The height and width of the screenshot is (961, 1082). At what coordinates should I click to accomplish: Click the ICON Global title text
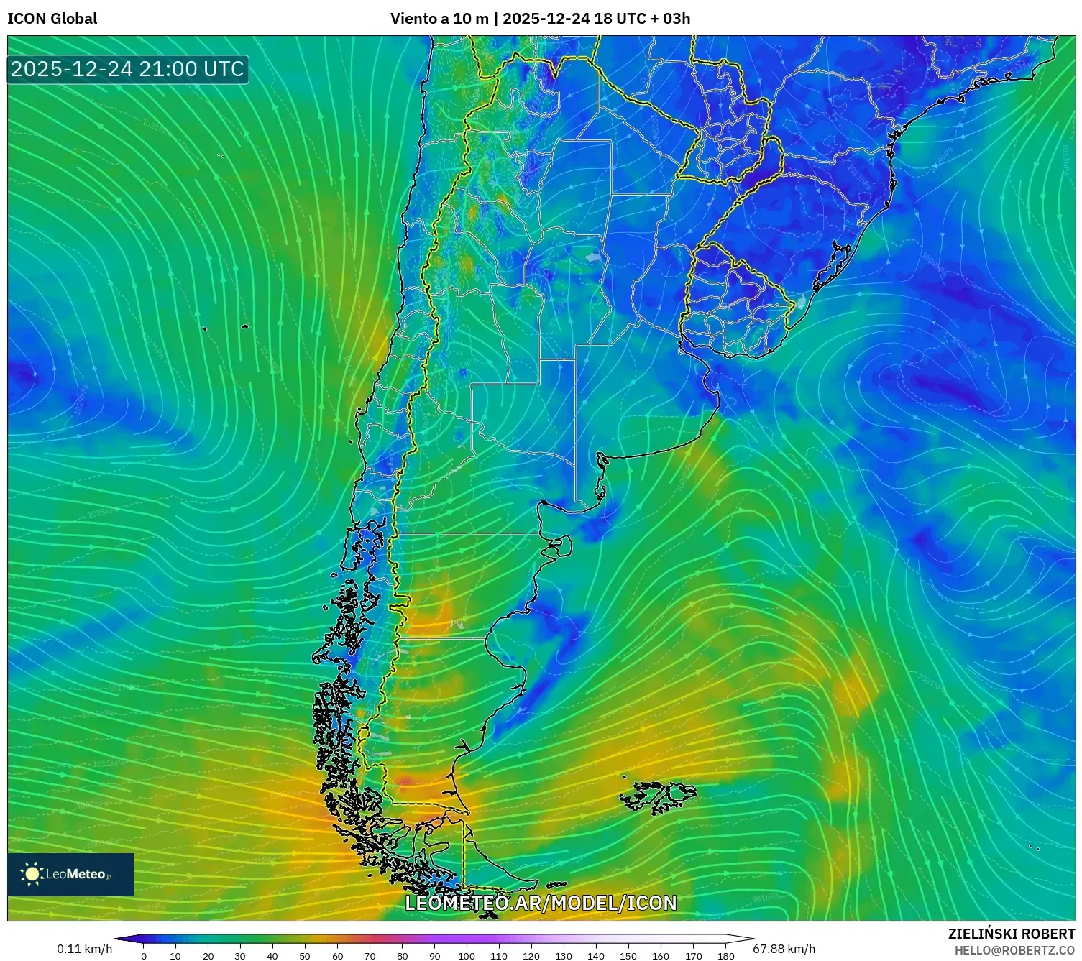click(x=52, y=19)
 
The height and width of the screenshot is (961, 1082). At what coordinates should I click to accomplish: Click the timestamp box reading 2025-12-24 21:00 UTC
click(x=127, y=69)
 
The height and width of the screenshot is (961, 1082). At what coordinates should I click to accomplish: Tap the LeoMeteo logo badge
click(x=70, y=874)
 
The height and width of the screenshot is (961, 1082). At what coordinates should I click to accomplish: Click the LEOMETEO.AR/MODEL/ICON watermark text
click(x=541, y=903)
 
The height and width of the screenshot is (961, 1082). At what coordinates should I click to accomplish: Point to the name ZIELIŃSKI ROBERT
click(x=1011, y=934)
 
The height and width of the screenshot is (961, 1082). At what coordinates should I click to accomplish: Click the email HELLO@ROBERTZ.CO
click(x=1014, y=950)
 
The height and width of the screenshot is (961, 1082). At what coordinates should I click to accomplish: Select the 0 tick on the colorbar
click(x=144, y=956)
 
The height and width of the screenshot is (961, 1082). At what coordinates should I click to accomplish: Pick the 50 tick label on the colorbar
click(x=305, y=956)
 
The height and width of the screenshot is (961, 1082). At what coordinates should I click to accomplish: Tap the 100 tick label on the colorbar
click(x=467, y=956)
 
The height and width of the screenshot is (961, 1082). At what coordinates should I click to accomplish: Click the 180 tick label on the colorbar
click(x=725, y=956)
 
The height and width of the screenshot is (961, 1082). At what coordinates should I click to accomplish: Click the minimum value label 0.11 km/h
click(x=84, y=949)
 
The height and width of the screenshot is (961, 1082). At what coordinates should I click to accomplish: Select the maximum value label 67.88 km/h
click(x=784, y=949)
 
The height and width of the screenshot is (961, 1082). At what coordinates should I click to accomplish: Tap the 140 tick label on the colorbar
click(x=596, y=956)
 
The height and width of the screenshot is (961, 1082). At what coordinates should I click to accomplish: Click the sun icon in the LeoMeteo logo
click(x=32, y=873)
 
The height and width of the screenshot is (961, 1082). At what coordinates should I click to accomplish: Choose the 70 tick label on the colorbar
click(x=370, y=956)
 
